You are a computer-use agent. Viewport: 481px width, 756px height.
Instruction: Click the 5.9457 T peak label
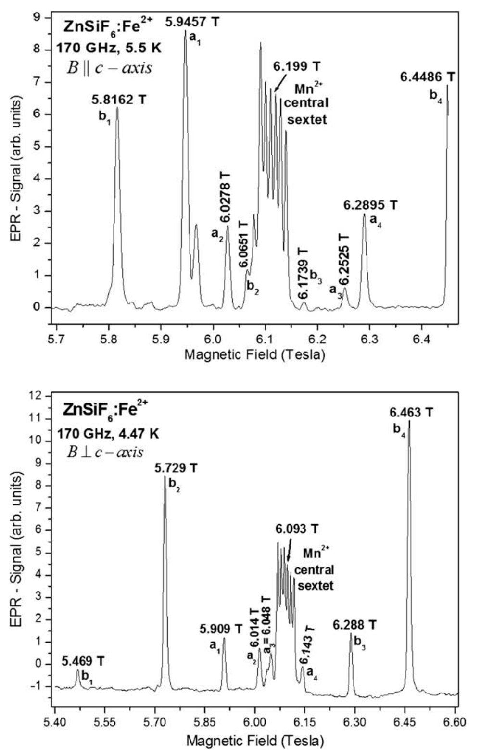192,22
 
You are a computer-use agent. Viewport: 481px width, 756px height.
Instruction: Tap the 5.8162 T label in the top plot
119,100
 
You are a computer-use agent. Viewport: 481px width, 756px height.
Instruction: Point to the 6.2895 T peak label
371,205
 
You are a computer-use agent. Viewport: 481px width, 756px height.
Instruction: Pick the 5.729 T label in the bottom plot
176,467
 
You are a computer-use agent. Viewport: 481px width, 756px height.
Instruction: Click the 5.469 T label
83,661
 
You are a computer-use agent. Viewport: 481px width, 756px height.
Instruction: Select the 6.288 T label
354,625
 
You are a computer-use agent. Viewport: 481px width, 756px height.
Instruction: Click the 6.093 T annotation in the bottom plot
297,529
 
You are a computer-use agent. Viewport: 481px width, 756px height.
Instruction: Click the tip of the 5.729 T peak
165,477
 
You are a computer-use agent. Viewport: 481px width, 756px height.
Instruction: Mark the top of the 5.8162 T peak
117,108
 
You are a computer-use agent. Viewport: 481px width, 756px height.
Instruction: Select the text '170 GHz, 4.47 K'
108,433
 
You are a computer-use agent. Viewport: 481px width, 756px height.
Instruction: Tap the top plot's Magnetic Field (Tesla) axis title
255,355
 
